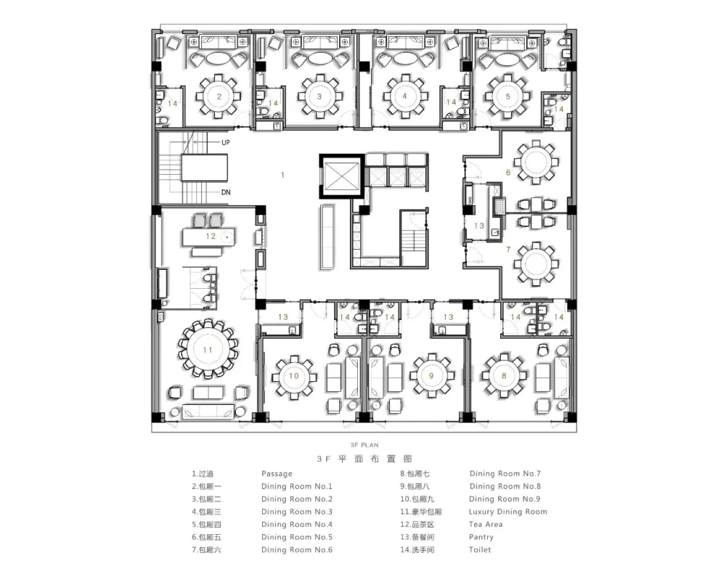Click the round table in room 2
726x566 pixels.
219,97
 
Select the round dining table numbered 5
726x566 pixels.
508,97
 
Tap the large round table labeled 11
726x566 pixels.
208,350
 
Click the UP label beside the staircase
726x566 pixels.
226,142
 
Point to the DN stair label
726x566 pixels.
226,192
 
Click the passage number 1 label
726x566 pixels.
282,175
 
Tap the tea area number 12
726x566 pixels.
211,236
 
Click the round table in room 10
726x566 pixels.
294,377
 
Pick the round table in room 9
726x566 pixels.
431,377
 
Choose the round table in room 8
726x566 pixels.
504,375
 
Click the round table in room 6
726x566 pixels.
537,162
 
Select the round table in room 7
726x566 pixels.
537,263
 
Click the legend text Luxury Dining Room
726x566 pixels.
508,512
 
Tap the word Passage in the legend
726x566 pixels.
277,473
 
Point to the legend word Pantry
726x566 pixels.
481,537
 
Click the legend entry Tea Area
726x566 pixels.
486,525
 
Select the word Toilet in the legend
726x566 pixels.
480,550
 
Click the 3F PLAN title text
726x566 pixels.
364,445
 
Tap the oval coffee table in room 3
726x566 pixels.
318,58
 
